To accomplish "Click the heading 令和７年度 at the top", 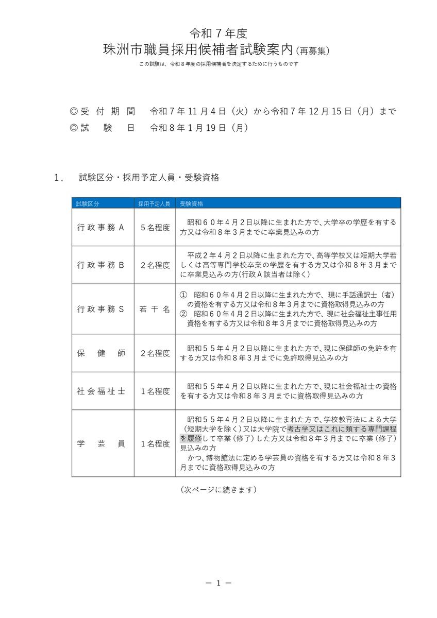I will (218, 34).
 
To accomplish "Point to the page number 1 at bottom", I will (218, 583).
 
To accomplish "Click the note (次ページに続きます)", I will (218, 489).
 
